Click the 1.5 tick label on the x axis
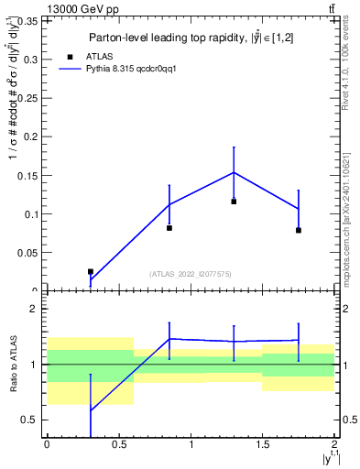click(262, 444)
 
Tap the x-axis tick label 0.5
click(118, 444)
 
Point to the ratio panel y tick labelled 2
click(35, 310)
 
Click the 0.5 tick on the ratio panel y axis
click(30, 420)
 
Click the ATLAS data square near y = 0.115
click(234, 202)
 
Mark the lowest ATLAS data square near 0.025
click(90, 271)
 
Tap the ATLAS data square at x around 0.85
click(169, 228)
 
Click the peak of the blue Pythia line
click(234, 172)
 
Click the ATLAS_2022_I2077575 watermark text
click(191, 274)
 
